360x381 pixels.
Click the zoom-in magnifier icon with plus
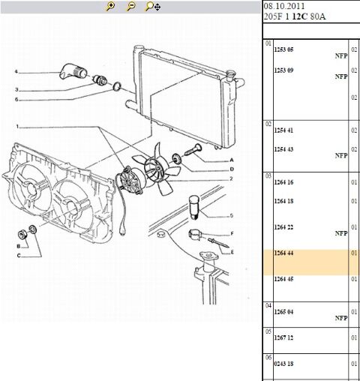pos(111,6)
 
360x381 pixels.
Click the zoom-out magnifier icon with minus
pos(131,6)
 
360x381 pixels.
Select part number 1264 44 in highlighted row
pos(283,253)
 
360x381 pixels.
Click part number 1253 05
pos(283,48)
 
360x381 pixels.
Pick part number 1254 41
pos(283,130)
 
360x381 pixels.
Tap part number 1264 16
pos(283,182)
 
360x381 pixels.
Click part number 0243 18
pos(283,363)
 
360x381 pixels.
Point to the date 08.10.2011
pos(285,6)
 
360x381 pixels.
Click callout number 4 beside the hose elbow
pos(16,73)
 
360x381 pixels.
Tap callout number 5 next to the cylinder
pos(232,215)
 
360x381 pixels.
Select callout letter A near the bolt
pos(232,160)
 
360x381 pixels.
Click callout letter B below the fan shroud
pos(18,246)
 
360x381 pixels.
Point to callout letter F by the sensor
pos(232,233)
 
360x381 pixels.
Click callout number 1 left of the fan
pos(16,126)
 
